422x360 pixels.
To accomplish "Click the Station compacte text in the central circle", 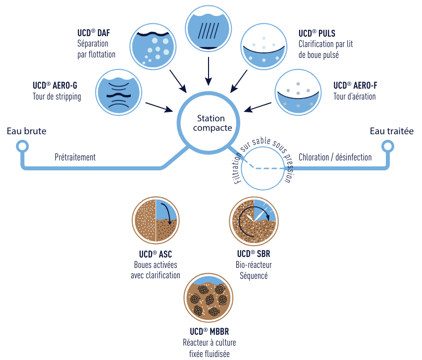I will point(211,123).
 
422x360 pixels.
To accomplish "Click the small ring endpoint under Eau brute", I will point(21,146).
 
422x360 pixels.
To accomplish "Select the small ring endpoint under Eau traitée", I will point(387,146).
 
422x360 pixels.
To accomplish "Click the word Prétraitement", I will point(75,157).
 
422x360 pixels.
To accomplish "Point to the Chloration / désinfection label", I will point(335,157).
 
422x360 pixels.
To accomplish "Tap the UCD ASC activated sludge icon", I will point(156,220).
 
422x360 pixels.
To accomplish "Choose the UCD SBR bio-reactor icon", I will point(254,220).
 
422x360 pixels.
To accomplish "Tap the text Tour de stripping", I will point(57,97).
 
